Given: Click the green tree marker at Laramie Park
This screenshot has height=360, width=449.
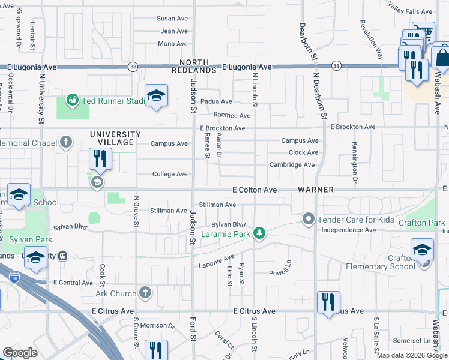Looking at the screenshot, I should pos(259,233).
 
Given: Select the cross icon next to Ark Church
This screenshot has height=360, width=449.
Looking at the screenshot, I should pos(145,293).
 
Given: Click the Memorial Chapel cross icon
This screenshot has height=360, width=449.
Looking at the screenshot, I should pos(66,143).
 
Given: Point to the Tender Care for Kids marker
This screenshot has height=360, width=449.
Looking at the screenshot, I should pos(309,220).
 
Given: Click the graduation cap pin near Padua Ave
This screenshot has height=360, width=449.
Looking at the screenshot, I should pos(156,97).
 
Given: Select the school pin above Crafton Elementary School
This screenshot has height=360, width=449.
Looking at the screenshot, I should pos(422,250).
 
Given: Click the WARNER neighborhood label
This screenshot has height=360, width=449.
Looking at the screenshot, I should pos(316,190).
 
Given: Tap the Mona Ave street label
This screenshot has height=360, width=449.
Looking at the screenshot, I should pos(173,44).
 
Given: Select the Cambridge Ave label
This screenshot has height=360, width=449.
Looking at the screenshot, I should pos(292,164).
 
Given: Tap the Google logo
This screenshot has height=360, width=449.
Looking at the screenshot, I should pos(20,353).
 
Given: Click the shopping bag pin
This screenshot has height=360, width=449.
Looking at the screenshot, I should pos(441,58).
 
